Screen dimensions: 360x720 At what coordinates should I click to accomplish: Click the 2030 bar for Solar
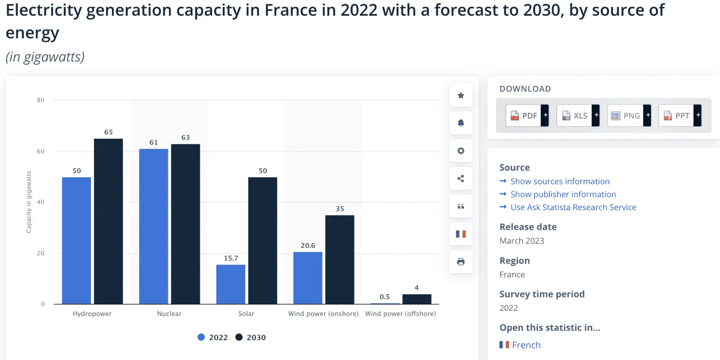tap(262, 241)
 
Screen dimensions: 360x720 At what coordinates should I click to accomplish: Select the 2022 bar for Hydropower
tap(76, 241)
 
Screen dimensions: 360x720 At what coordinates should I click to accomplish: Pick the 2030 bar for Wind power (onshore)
tap(340, 260)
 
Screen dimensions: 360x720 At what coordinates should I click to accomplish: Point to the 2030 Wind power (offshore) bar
tap(417, 299)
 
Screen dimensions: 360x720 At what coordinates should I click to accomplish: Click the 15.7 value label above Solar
tap(231, 258)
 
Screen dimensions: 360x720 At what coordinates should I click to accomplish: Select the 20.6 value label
tap(308, 246)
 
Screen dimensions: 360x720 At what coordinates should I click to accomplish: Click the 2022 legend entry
tap(213, 337)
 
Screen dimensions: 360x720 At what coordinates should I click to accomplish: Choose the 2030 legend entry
tap(251, 337)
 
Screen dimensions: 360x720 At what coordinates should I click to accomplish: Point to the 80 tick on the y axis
tap(40, 100)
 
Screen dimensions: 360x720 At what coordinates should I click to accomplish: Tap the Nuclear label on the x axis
tap(169, 314)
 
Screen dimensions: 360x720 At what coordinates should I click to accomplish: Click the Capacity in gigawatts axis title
tap(29, 202)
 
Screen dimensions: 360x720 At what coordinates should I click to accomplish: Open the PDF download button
tap(524, 116)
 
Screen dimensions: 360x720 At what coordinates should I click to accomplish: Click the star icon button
tap(461, 95)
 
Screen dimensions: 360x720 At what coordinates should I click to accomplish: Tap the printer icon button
tap(461, 262)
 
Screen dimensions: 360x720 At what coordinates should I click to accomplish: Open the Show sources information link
tap(560, 181)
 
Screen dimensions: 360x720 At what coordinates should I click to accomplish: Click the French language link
tap(526, 345)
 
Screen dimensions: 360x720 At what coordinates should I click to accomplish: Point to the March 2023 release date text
tap(522, 241)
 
